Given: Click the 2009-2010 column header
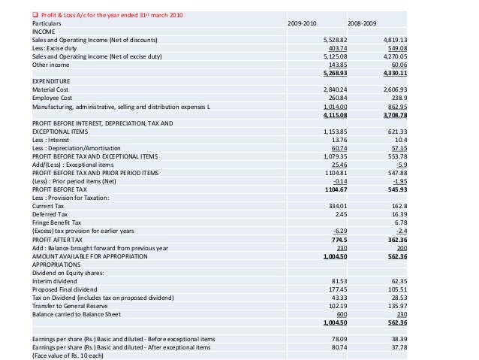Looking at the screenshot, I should [303, 24].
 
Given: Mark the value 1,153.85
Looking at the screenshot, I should [334, 132].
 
